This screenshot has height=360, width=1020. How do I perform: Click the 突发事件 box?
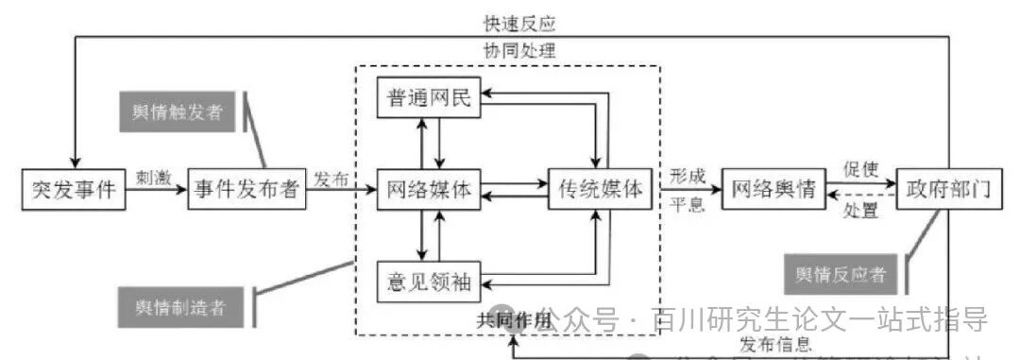tap(74, 190)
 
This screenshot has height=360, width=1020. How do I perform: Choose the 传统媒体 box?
tap(600, 190)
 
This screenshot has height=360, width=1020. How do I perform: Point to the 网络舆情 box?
tap(773, 190)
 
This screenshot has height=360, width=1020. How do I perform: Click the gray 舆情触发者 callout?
tap(178, 111)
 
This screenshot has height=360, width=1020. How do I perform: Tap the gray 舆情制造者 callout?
tap(178, 308)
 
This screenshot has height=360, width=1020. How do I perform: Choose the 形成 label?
tap(687, 175)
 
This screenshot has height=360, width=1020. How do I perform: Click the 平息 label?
tap(687, 206)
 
